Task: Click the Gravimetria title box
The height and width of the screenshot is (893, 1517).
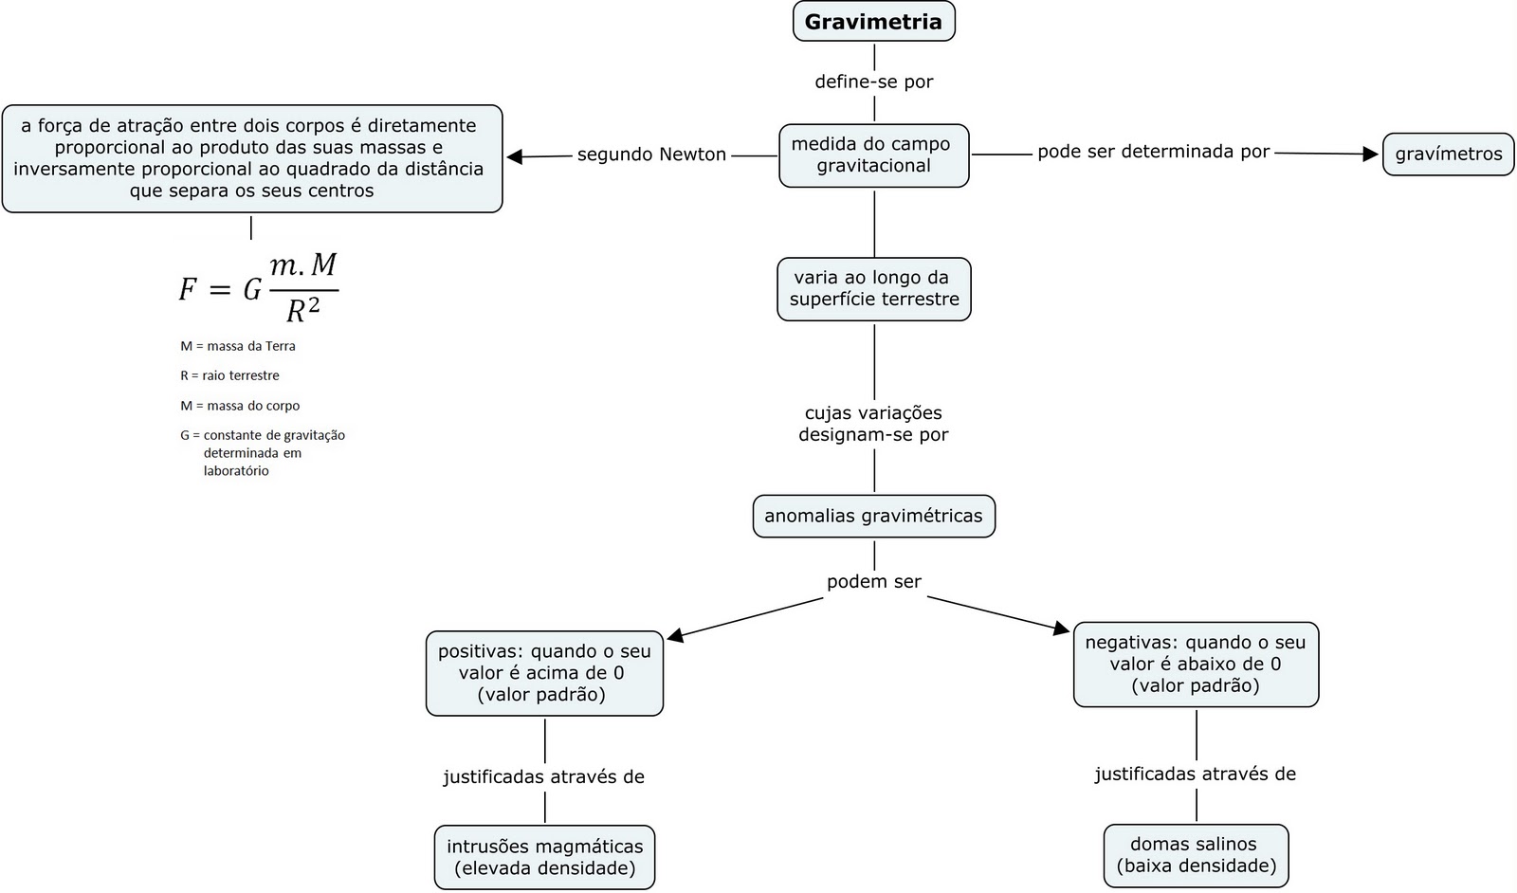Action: click(873, 22)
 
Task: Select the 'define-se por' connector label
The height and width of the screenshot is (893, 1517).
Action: click(873, 82)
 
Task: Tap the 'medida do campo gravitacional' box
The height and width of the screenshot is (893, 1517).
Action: click(873, 155)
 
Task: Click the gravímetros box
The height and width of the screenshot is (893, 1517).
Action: click(1448, 154)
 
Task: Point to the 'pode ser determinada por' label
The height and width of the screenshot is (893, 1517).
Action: click(1153, 152)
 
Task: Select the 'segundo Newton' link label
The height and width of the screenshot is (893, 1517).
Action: click(651, 155)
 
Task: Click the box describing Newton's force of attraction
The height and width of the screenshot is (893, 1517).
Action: click(252, 158)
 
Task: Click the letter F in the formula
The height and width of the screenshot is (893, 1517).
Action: click(189, 289)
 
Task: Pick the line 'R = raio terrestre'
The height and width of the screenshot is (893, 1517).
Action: click(229, 375)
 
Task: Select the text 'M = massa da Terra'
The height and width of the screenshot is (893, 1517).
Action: click(238, 346)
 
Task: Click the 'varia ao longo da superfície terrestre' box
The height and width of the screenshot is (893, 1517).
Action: click(873, 288)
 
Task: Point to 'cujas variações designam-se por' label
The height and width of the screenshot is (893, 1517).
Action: click(873, 424)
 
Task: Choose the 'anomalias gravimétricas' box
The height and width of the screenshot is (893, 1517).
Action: click(873, 516)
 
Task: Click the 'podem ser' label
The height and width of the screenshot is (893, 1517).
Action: click(873, 582)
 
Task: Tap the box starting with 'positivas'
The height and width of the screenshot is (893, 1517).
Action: click(544, 673)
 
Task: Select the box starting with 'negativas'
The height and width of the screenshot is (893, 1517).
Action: click(1195, 664)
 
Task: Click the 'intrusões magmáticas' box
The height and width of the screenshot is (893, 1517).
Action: click(544, 857)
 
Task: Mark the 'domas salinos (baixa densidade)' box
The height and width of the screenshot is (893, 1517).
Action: click(1196, 855)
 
